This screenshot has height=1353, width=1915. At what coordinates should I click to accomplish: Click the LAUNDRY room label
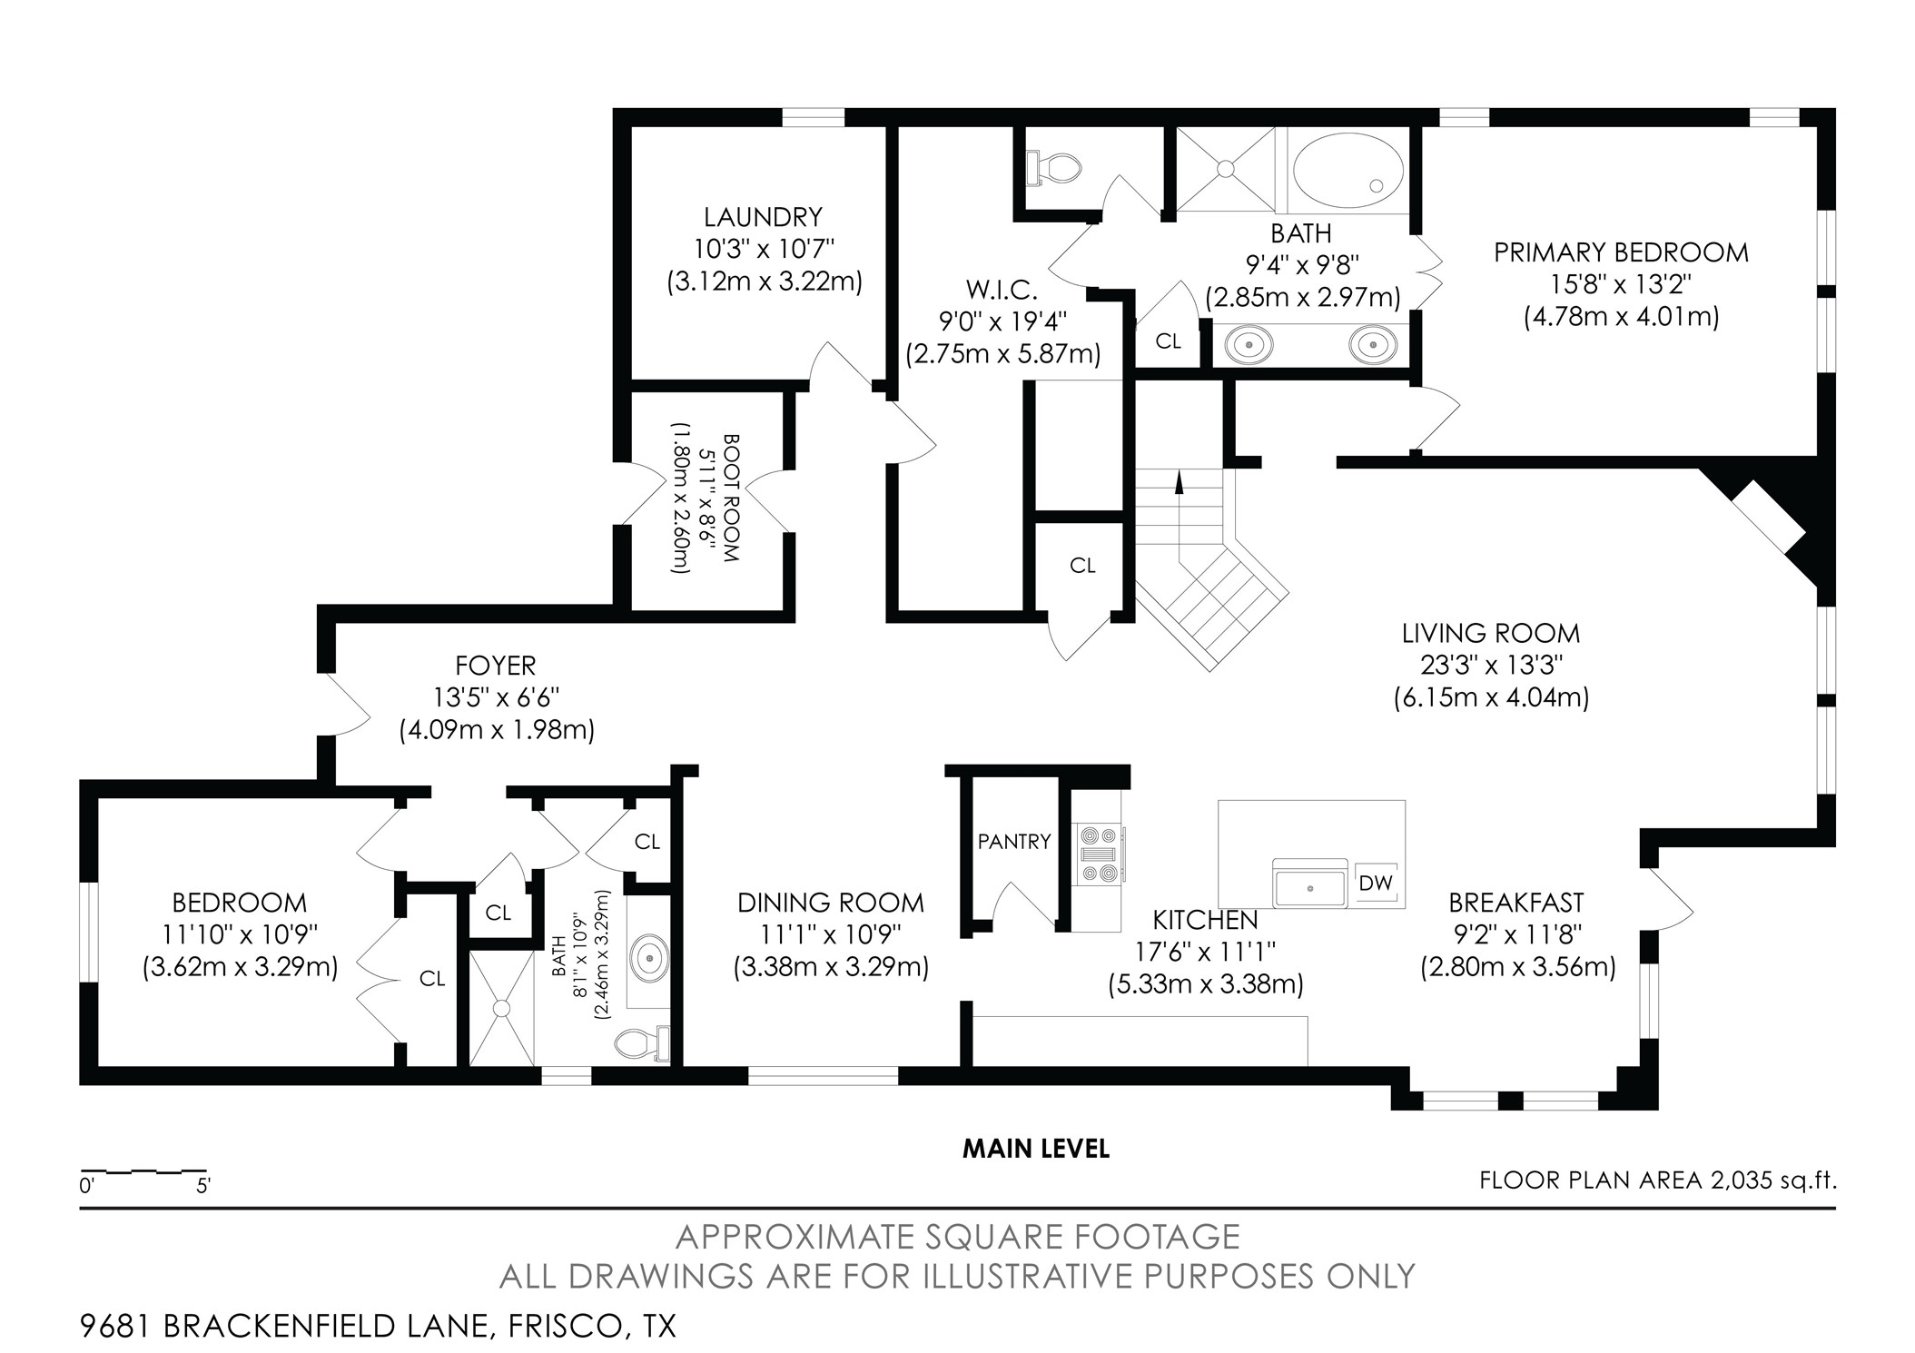[x=763, y=217]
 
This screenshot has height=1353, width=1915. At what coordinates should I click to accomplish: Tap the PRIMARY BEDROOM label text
[x=1621, y=252]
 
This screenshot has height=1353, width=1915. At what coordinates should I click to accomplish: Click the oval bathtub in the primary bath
[x=1347, y=171]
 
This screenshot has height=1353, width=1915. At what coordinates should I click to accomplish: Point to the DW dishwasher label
[x=1375, y=882]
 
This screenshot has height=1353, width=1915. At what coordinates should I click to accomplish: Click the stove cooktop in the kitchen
[x=1100, y=854]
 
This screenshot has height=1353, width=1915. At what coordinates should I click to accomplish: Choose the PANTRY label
[x=1014, y=842]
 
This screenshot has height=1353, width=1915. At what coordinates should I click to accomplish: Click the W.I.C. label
[x=1002, y=291]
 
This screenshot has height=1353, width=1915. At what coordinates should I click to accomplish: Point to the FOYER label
[x=496, y=666]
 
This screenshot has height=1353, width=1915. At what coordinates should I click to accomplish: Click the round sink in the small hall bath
[x=651, y=957]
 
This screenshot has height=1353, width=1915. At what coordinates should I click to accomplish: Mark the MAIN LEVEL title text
[x=1036, y=1150]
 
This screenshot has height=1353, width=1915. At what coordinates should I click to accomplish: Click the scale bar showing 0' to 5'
[x=143, y=1170]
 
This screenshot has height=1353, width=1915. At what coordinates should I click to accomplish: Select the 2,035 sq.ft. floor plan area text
[x=1774, y=1180]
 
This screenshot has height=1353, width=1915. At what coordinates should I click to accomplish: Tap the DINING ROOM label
[x=831, y=903]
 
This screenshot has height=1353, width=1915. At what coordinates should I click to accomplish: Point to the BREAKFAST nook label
[x=1516, y=903]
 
